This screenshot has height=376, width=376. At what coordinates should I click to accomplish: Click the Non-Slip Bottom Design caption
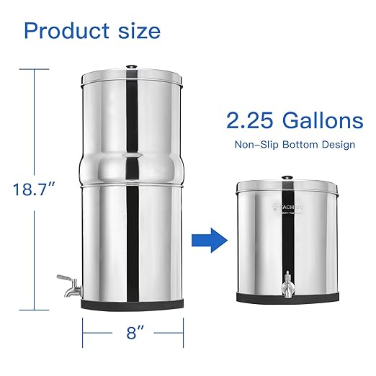point(294,145)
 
